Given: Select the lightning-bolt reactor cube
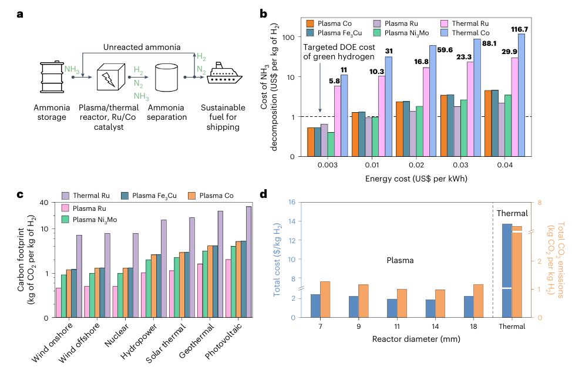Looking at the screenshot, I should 109,76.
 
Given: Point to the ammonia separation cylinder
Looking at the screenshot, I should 166,77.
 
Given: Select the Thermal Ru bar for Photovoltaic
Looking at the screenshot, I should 249,262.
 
